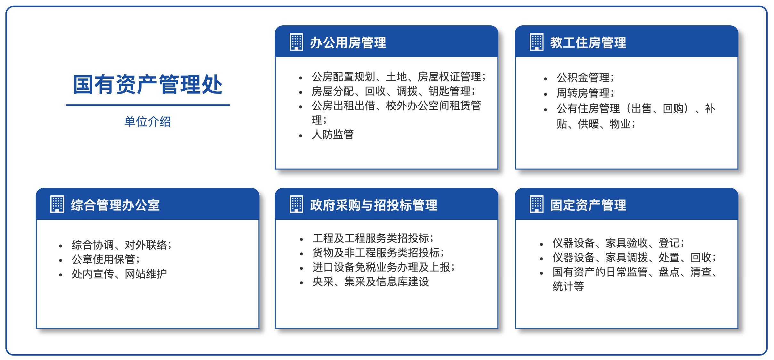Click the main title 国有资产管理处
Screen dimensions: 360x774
(x=148, y=85)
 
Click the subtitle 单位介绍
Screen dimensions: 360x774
(x=148, y=122)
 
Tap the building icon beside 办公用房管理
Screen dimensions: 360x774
(x=296, y=42)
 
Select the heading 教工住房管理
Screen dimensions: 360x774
(x=588, y=43)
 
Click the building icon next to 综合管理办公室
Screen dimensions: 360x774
(x=57, y=204)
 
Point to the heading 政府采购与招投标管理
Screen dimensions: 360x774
(x=374, y=205)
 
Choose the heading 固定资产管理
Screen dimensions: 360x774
(x=588, y=205)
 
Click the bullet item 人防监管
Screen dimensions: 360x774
(x=333, y=135)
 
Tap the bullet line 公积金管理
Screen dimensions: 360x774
(x=585, y=78)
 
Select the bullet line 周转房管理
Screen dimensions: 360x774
(x=585, y=93)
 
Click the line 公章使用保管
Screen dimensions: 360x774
(x=106, y=259)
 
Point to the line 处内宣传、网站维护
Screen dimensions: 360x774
(x=119, y=274)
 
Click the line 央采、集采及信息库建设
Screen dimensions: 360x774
(x=371, y=282)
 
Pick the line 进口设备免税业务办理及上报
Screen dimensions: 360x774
(x=383, y=267)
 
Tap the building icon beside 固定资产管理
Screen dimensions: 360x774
(x=536, y=204)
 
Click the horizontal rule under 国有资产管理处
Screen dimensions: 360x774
(x=148, y=105)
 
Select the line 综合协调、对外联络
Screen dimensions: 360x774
(x=122, y=245)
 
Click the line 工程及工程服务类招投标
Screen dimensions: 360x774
(x=373, y=238)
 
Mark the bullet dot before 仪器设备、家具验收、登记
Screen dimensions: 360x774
(x=541, y=244)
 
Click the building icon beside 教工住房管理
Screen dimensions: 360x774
(x=536, y=42)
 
